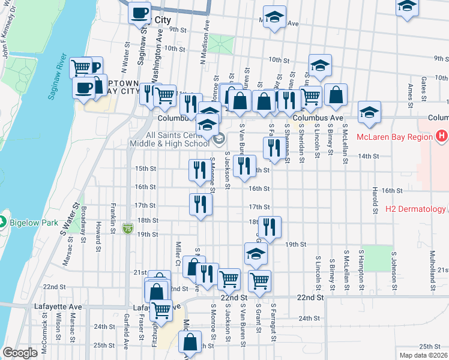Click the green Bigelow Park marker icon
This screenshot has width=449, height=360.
pos(3,223)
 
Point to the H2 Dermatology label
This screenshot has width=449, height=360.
pos(415,209)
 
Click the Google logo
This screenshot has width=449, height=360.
pos(20,353)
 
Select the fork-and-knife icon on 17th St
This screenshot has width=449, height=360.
pos(200,204)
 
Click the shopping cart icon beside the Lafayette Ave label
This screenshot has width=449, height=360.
pos(161,310)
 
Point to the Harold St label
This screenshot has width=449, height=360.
pos(375,195)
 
